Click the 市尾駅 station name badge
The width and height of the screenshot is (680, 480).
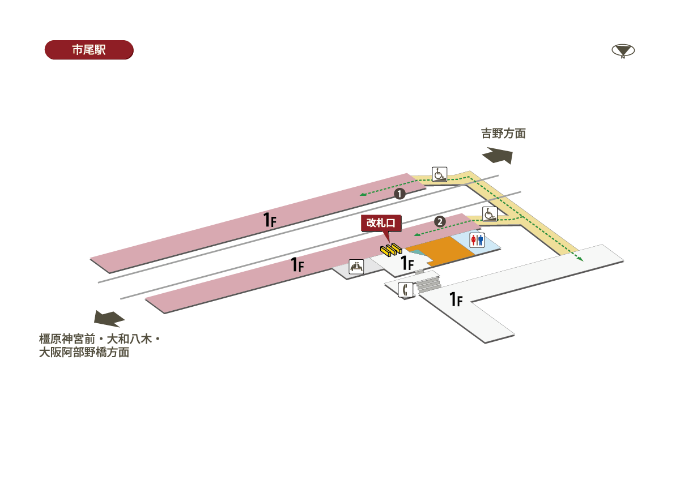coord(89,50)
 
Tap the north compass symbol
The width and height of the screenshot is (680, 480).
coord(623,51)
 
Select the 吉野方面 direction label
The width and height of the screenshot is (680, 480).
coord(503,134)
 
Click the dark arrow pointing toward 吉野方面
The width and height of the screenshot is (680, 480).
coord(498,155)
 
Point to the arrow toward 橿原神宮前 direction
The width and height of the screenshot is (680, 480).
coord(109,318)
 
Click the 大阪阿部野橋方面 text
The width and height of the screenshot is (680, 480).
coord(84,353)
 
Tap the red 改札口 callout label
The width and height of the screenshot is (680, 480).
coord(381,223)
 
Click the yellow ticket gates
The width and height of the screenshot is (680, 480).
coord(391,248)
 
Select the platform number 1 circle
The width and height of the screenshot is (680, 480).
coord(399,194)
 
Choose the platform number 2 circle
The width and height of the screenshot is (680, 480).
coord(439,221)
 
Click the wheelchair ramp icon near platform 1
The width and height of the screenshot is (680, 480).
coord(440,174)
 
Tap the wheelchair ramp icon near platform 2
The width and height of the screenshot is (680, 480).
coord(490,213)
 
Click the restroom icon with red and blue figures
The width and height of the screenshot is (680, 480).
coord(477,240)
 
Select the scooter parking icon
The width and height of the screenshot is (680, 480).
coord(356,267)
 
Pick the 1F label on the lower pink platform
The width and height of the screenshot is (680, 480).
coord(297,264)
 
